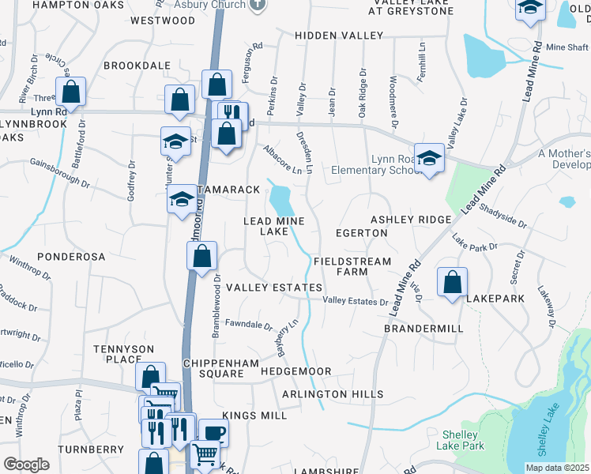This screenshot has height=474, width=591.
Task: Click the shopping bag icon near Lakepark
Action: [x=452, y=281]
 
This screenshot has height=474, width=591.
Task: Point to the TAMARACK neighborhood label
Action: [x=229, y=190]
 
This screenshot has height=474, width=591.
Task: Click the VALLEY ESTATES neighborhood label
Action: [x=274, y=288]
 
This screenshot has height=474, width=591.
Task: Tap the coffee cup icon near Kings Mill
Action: [x=213, y=431]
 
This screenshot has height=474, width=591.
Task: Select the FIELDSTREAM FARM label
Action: [x=352, y=266]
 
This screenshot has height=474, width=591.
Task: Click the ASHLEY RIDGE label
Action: [x=411, y=219]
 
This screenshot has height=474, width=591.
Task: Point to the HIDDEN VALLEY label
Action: [x=338, y=36]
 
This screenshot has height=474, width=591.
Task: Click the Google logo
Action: [x=26, y=465]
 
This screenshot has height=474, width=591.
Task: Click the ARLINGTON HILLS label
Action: [x=333, y=394]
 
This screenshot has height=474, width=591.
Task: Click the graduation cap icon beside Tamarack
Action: [x=182, y=199]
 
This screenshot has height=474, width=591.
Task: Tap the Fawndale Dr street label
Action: [x=248, y=325]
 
